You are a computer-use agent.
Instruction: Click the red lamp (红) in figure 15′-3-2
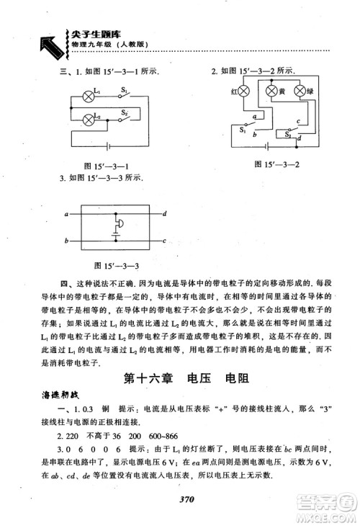[243, 92]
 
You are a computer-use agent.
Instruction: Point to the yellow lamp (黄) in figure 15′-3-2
[271, 92]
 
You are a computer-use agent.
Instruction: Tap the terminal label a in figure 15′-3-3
[66, 214]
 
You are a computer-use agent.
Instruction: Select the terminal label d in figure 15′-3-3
[165, 214]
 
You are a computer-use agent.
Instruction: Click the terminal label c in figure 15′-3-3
[165, 241]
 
